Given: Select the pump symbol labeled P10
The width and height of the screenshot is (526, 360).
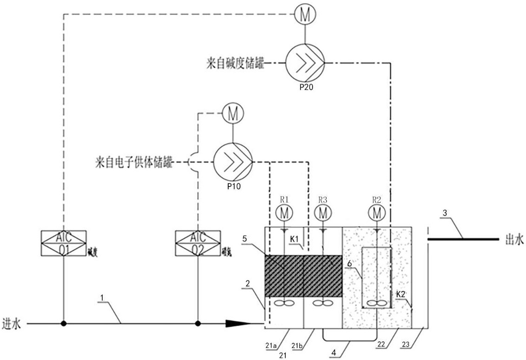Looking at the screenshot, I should (x=232, y=162).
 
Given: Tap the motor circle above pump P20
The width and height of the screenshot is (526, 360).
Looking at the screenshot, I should (x=304, y=15).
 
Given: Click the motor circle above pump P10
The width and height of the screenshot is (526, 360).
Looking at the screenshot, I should (x=232, y=113).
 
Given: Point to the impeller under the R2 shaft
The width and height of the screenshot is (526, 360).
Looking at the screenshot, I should (x=376, y=303).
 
